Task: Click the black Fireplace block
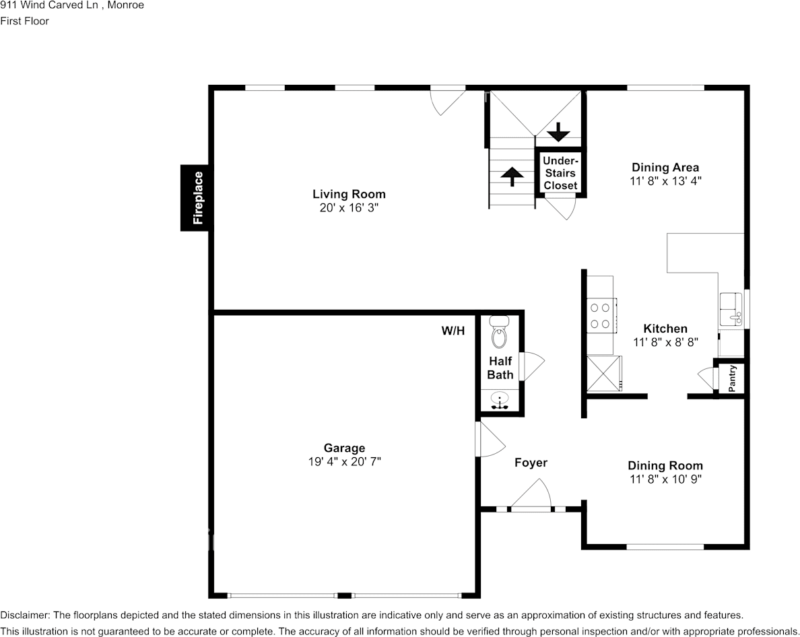coord(195,198)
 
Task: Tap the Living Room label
coord(349,195)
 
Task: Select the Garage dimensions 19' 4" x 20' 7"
coord(344,461)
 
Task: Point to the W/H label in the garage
coord(453,331)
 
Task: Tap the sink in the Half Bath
coord(500,399)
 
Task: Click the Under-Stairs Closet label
coord(560,173)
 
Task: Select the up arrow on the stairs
coord(512,176)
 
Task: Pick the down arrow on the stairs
coord(559,132)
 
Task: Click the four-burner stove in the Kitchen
coord(601,315)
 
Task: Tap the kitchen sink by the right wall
coord(732,309)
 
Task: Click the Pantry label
coord(732,378)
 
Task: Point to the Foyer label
coord(531,463)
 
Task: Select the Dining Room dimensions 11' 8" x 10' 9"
coord(665,479)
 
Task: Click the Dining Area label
coord(665,167)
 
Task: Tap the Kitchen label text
coord(665,329)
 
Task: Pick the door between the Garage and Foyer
coord(490,439)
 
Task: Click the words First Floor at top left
coord(24,21)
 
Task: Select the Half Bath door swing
coord(532,366)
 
